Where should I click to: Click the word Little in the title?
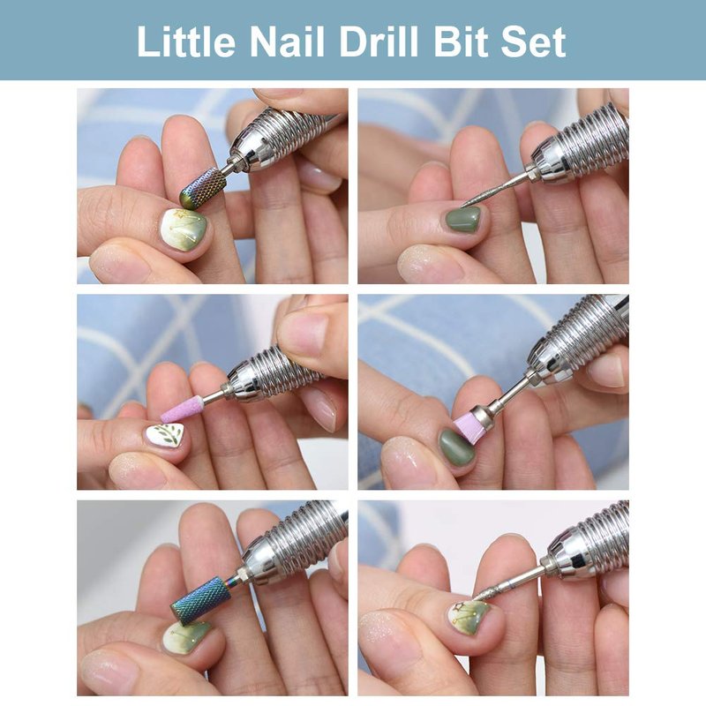point(186,41)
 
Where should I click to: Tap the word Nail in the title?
point(287,41)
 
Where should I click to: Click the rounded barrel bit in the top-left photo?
point(203,187)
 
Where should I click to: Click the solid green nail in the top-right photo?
point(464,218)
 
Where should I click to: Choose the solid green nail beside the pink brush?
point(457,448)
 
